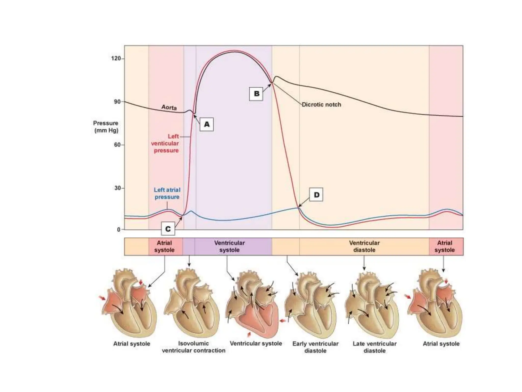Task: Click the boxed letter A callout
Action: (x=206, y=124)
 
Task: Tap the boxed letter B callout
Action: (x=256, y=94)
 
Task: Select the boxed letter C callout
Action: (x=168, y=229)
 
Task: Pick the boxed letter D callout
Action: (x=316, y=195)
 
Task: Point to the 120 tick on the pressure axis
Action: (x=116, y=58)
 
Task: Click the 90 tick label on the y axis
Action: (x=117, y=102)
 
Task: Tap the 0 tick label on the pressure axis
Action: (x=119, y=230)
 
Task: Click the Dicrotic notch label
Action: (x=321, y=104)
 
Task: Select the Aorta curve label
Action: (x=169, y=107)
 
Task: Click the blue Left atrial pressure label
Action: (x=167, y=193)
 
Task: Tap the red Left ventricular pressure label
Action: (x=165, y=143)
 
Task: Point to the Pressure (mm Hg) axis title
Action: (x=106, y=127)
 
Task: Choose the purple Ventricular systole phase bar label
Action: (x=229, y=247)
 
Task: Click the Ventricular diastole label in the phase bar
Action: (x=364, y=247)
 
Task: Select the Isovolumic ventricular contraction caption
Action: (x=193, y=347)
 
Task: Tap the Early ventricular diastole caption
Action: (x=315, y=347)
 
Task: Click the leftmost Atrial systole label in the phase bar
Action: (x=164, y=247)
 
